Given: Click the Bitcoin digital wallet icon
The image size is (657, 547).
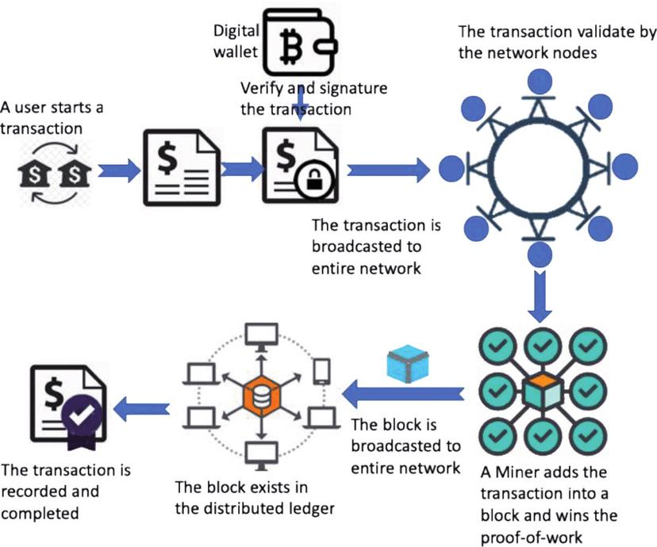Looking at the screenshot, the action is click(x=300, y=43).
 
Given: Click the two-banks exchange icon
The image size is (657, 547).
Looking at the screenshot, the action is click(x=55, y=174).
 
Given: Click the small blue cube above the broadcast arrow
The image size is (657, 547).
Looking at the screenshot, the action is click(x=407, y=363).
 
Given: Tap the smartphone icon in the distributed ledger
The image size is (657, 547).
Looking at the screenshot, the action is click(x=322, y=371).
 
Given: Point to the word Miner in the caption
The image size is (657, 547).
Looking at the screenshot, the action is click(x=513, y=472).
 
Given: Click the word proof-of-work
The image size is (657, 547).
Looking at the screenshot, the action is click(x=532, y=537).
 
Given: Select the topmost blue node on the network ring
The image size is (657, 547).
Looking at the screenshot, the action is click(x=540, y=81).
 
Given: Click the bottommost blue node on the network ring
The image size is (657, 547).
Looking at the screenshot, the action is click(x=540, y=254).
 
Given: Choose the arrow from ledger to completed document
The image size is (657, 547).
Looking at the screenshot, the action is click(x=141, y=408).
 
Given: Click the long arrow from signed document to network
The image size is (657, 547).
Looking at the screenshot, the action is click(x=389, y=170).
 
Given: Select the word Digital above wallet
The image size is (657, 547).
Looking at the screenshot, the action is click(x=236, y=32).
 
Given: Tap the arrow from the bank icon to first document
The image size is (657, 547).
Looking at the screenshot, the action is click(x=120, y=170).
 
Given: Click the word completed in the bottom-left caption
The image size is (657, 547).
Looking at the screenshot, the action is click(x=40, y=514).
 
